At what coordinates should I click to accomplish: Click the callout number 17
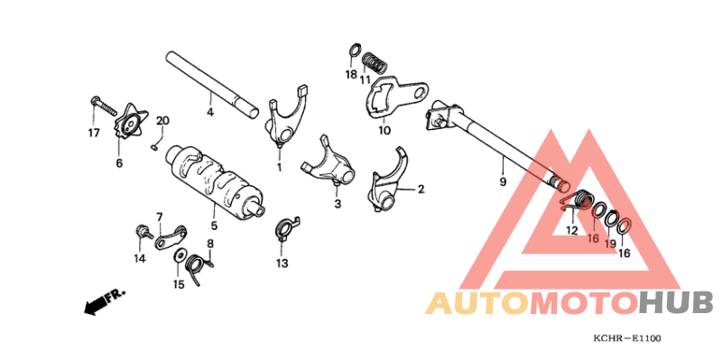(93, 134)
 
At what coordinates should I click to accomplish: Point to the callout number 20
(162, 121)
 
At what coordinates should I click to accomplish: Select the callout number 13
(282, 263)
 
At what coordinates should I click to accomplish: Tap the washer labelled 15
(192, 263)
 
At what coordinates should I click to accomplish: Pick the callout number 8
(209, 244)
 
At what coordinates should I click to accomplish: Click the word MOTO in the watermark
(583, 303)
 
